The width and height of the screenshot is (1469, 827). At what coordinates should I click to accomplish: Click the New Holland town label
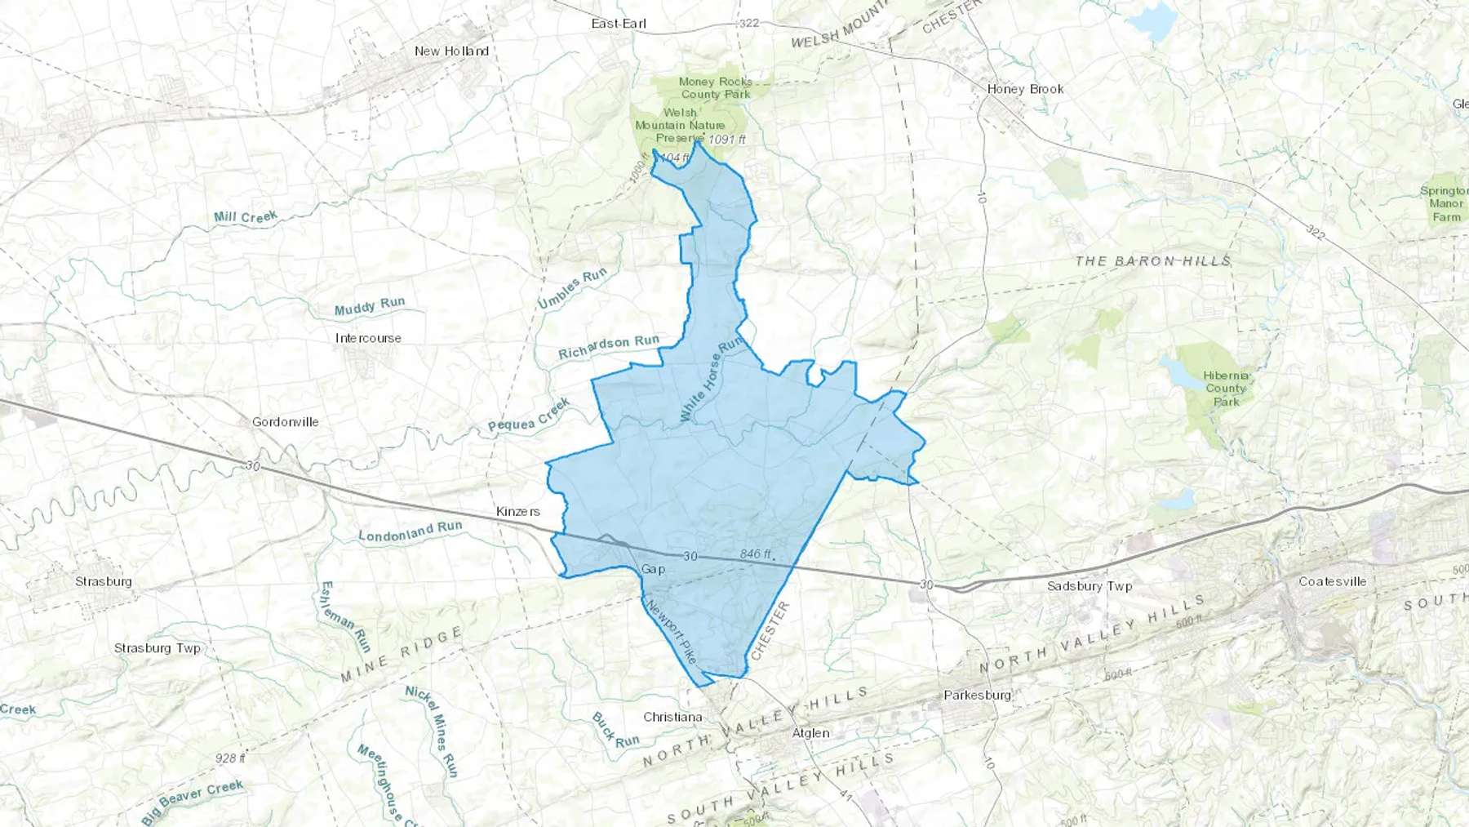click(x=451, y=51)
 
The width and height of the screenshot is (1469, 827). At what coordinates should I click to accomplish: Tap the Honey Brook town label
click(x=1025, y=89)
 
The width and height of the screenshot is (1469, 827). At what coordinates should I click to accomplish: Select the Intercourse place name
click(x=368, y=338)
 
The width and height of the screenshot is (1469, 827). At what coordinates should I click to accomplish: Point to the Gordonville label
click(x=285, y=422)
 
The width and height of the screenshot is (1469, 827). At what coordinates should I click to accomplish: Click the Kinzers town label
click(x=518, y=512)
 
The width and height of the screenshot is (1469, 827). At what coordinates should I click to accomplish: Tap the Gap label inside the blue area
click(x=653, y=569)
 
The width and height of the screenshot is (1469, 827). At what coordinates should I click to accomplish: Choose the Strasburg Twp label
click(x=157, y=648)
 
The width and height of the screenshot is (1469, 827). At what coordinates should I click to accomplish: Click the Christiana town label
click(x=672, y=717)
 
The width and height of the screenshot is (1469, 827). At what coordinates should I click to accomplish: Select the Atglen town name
click(x=810, y=733)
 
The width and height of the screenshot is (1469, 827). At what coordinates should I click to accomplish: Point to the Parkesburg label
click(x=977, y=696)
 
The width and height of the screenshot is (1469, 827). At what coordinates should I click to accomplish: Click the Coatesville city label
click(x=1332, y=581)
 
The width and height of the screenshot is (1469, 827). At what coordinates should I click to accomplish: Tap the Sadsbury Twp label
click(x=1090, y=586)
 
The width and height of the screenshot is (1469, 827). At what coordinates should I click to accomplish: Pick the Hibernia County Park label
click(x=1226, y=389)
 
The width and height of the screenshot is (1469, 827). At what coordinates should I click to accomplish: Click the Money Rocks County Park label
click(x=715, y=87)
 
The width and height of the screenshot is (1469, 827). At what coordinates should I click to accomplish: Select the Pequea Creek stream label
click(x=529, y=416)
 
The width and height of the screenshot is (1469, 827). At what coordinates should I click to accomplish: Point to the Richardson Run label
click(x=608, y=347)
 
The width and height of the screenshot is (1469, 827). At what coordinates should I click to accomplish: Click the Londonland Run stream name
click(x=410, y=532)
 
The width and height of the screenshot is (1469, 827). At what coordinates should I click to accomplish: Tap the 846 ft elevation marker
click(x=756, y=554)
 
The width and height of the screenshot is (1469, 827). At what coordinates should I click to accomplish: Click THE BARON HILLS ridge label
click(x=1152, y=261)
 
